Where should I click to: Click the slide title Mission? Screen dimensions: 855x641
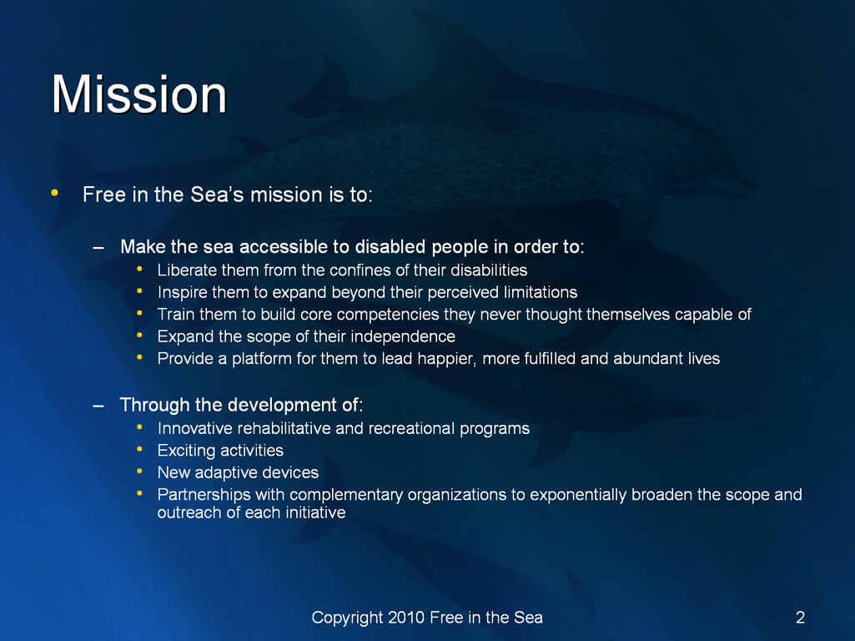[139, 94]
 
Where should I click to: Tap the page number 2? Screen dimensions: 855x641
[800, 617]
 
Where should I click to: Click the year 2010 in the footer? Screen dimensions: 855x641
[406, 617]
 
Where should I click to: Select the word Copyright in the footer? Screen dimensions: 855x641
[347, 618]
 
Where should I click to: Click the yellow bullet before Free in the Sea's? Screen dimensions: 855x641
[54, 192]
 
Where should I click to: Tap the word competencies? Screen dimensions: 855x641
[388, 315]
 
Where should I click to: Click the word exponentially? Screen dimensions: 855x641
[578, 495]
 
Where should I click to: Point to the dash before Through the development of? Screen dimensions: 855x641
[98, 406]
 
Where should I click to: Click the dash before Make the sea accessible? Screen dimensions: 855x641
[98, 248]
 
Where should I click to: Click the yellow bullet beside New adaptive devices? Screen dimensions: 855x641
[139, 470]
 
